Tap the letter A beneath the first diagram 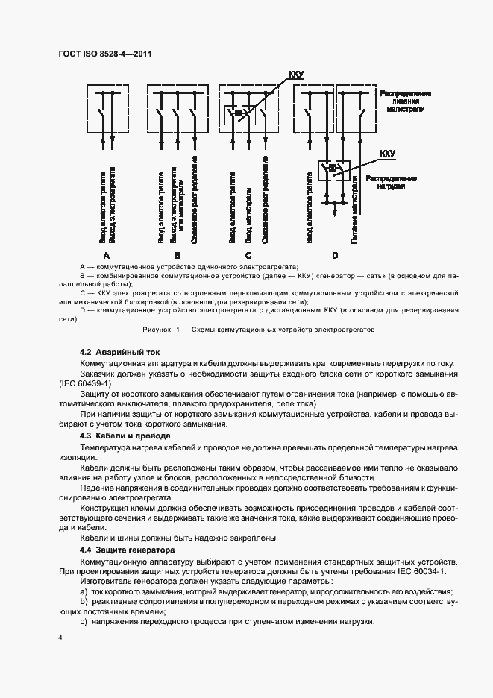107,255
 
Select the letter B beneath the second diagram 178,255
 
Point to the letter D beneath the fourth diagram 335,255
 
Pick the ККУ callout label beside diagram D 388,154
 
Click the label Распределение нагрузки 391,183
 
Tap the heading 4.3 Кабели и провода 125,435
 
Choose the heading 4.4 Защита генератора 127,549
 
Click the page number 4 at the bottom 60,638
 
